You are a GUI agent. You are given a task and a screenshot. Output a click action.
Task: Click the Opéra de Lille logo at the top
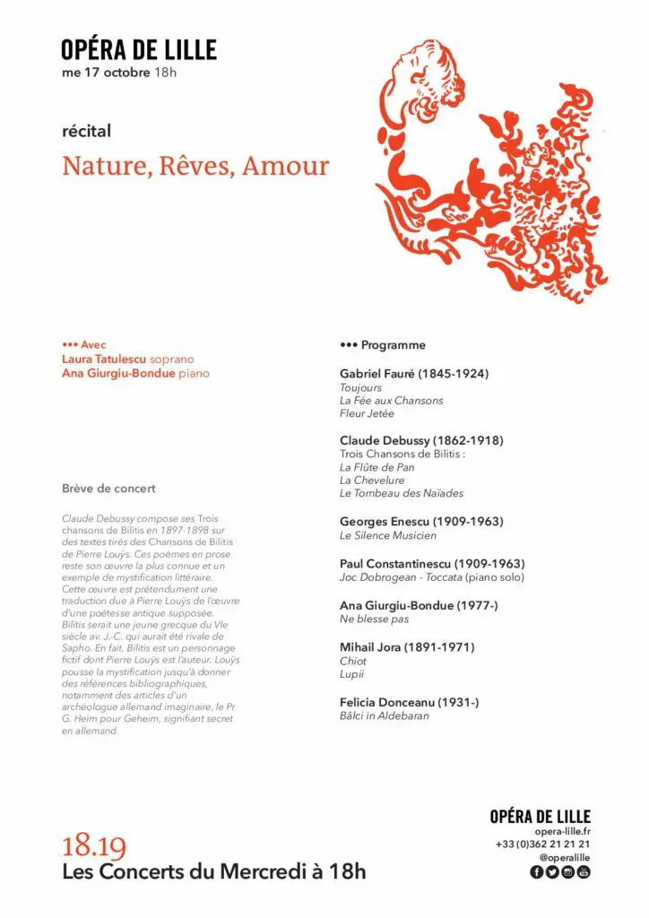[139, 49]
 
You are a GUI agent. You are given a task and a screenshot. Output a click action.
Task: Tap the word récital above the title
[86, 131]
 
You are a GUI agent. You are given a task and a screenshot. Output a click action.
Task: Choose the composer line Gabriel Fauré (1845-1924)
[414, 373]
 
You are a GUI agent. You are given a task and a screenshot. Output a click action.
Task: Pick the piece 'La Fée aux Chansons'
[391, 401]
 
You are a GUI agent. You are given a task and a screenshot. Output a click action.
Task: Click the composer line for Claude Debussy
[421, 440]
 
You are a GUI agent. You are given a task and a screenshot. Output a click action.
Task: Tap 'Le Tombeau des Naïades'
[401, 493]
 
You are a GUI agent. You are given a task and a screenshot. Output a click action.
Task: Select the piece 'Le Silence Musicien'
[388, 535]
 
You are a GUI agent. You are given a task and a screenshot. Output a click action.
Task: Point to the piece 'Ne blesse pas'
[373, 619]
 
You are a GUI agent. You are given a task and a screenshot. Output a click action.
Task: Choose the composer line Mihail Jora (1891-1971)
[407, 646]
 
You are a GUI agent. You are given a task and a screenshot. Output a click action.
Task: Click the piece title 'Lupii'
[351, 674]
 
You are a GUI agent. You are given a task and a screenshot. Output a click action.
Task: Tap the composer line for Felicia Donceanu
[409, 702]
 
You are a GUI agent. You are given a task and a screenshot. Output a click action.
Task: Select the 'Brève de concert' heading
[108, 489]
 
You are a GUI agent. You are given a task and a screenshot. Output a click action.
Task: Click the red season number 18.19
[94, 847]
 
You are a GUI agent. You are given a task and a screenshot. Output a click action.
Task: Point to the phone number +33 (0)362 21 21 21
[542, 844]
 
